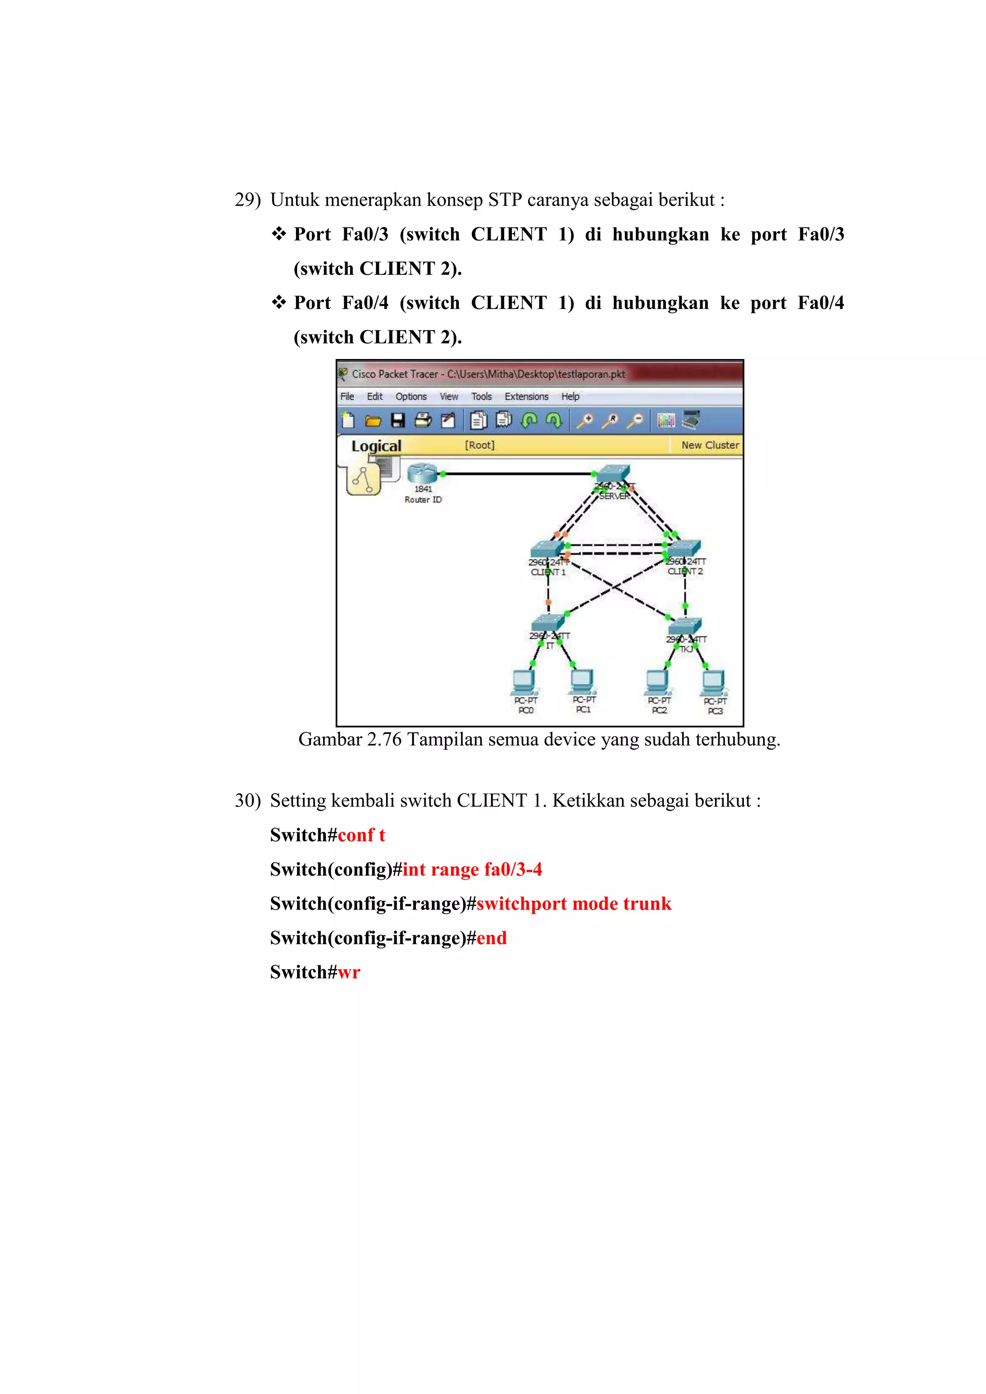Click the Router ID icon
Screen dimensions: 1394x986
click(x=422, y=473)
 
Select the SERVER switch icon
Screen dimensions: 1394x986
click(x=613, y=473)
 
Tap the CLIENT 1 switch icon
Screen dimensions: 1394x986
click(x=547, y=549)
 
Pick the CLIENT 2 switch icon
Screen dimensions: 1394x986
click(x=684, y=548)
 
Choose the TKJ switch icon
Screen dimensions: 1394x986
click(x=685, y=626)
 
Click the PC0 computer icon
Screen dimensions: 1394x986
click(x=524, y=682)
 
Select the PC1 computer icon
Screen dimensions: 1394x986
click(x=583, y=682)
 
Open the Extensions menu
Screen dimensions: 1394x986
click(x=526, y=396)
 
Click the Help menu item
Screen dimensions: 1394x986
click(x=570, y=396)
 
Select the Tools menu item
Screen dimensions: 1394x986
click(x=481, y=396)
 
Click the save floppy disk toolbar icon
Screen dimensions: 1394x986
click(x=398, y=420)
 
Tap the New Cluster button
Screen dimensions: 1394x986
click(x=710, y=445)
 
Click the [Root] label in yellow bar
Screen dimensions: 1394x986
click(x=480, y=445)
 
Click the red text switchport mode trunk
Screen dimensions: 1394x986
click(x=573, y=904)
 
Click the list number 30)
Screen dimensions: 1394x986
click(x=247, y=801)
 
